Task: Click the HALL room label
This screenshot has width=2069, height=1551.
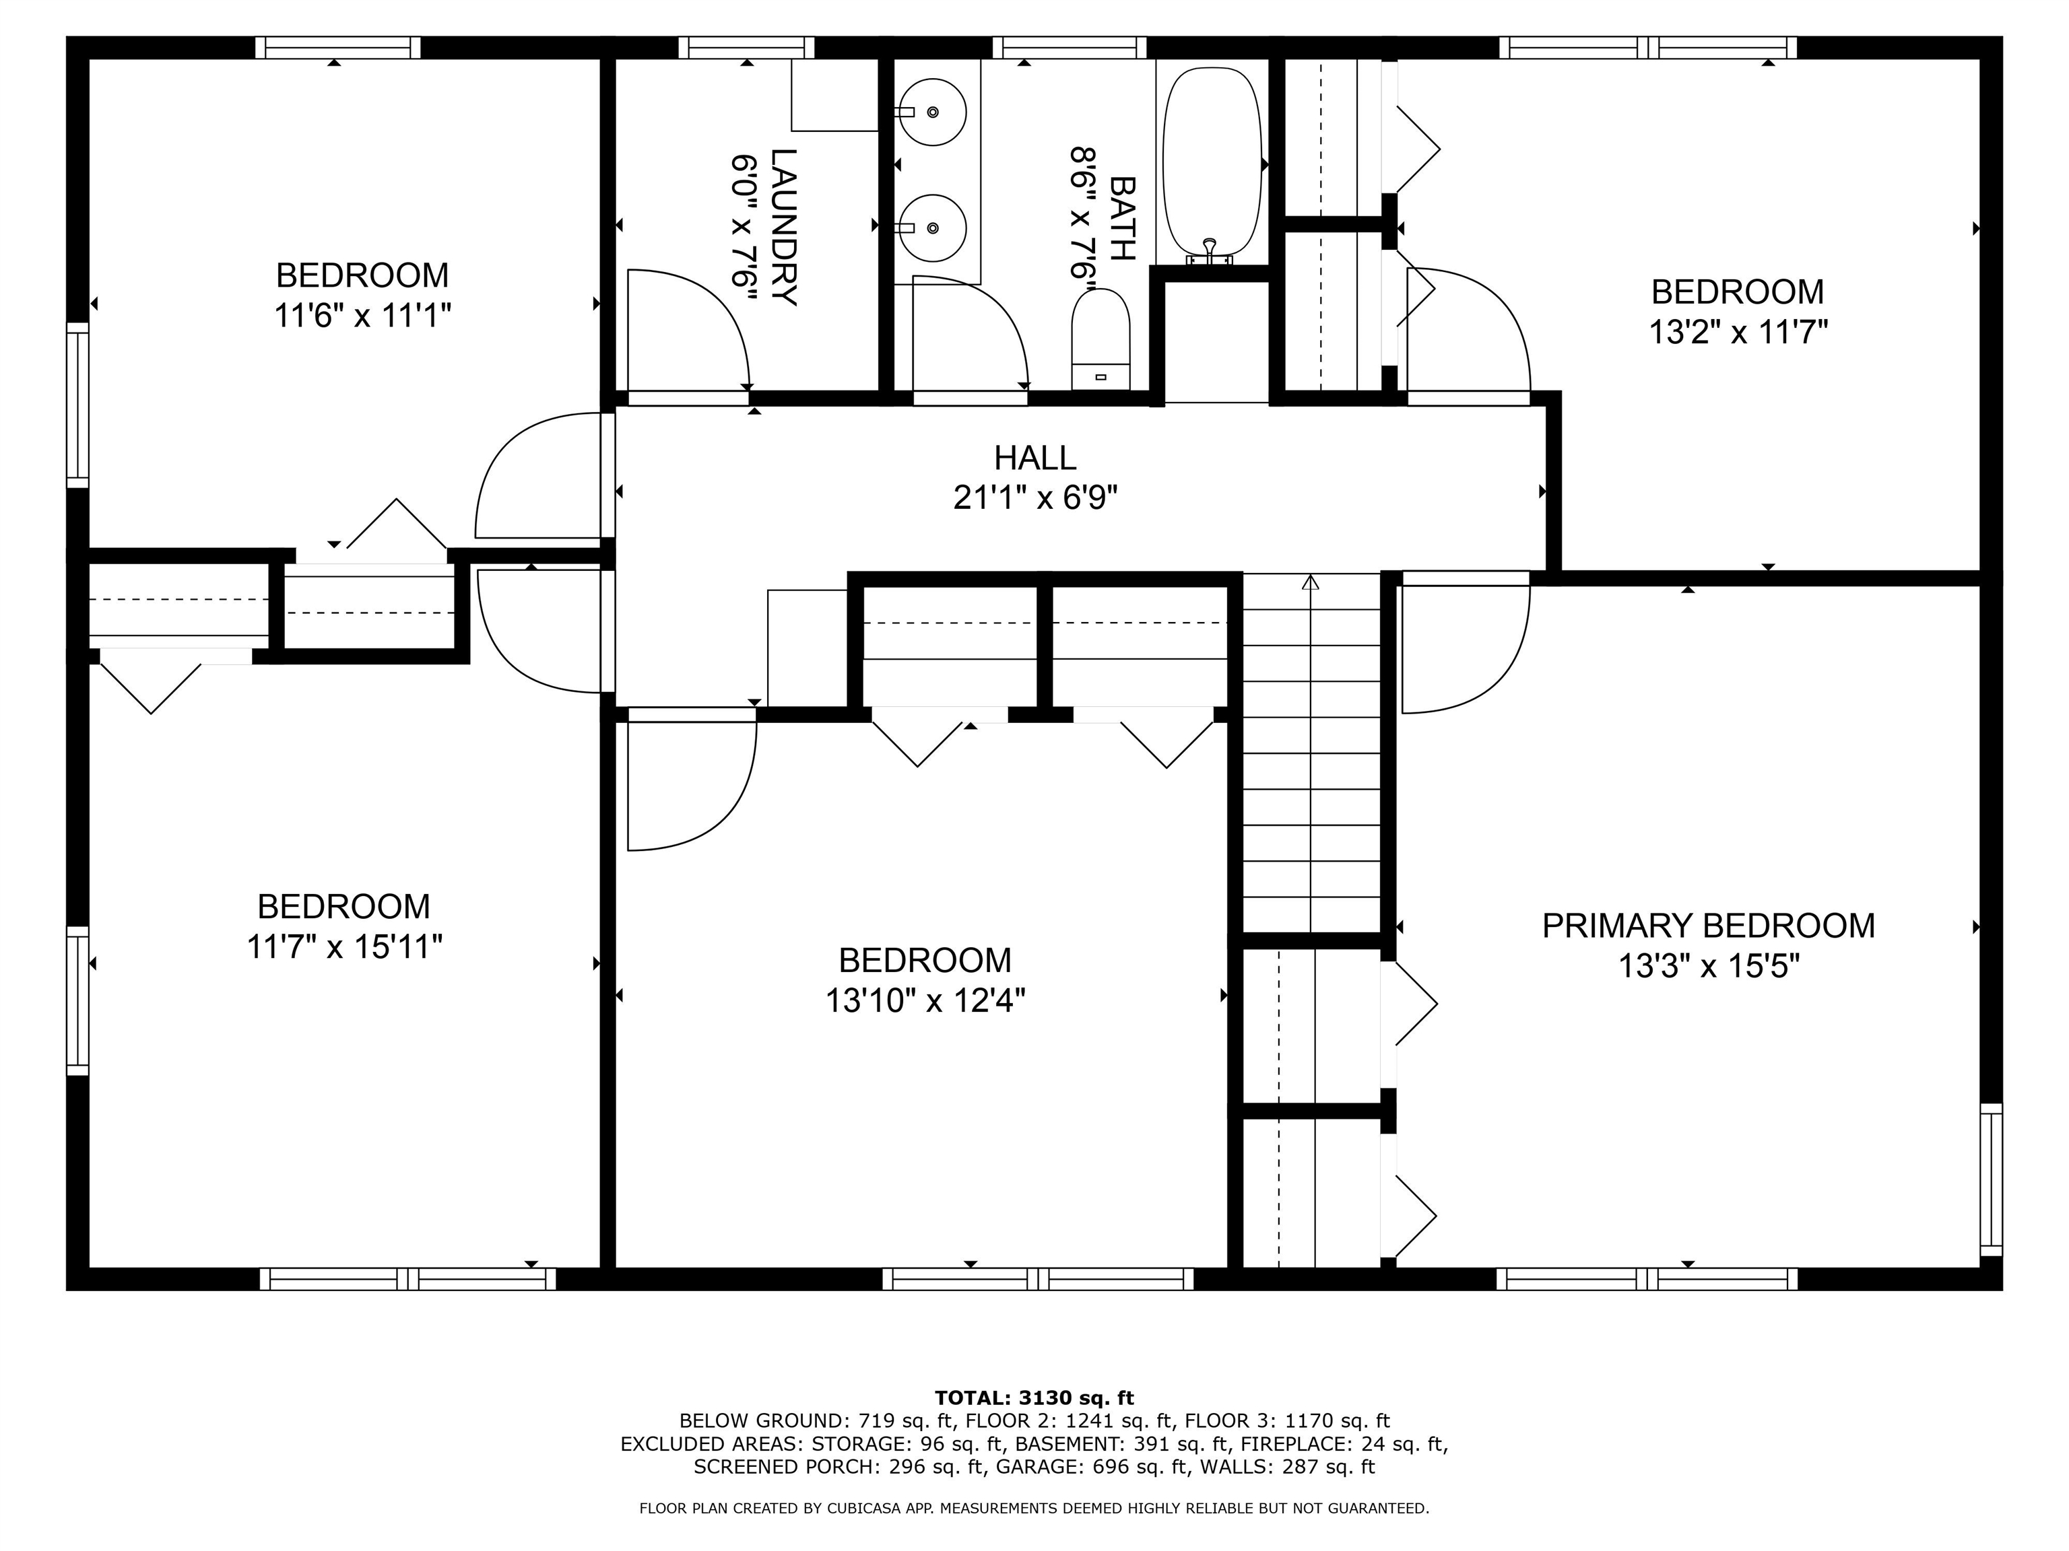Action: [1034, 458]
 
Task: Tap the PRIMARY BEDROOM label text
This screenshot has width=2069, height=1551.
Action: [1708, 926]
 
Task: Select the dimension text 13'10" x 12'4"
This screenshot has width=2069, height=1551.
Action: [925, 1001]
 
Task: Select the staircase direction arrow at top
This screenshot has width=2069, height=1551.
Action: [1311, 582]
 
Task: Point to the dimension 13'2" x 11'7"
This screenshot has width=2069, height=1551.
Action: [1737, 332]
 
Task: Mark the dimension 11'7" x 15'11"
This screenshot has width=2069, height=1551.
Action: [343, 947]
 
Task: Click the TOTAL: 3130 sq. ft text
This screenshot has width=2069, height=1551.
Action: [1034, 1398]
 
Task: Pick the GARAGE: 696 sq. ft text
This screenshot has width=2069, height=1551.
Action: [1092, 1467]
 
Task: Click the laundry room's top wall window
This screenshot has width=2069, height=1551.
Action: [746, 48]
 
